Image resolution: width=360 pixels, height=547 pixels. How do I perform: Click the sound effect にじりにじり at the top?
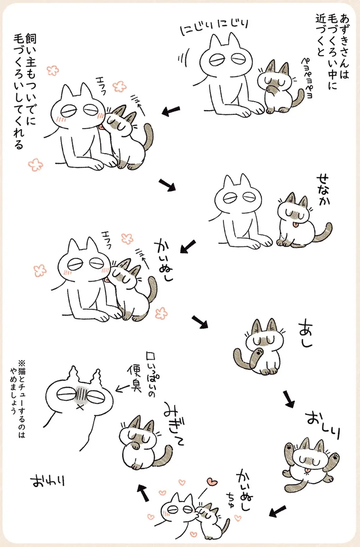tap(215, 26)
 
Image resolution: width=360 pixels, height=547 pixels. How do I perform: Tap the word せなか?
tap(322, 190)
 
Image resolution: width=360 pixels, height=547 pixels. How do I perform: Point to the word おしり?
tap(322, 424)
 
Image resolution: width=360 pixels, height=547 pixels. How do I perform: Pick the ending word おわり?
tap(48, 481)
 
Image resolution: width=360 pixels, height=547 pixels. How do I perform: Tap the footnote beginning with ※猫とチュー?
tap(18, 397)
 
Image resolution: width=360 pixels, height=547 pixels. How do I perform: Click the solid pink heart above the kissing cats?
tap(211, 482)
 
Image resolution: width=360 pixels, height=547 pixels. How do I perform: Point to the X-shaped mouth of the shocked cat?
tap(80, 407)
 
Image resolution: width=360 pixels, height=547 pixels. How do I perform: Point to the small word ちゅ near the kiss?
tap(231, 498)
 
